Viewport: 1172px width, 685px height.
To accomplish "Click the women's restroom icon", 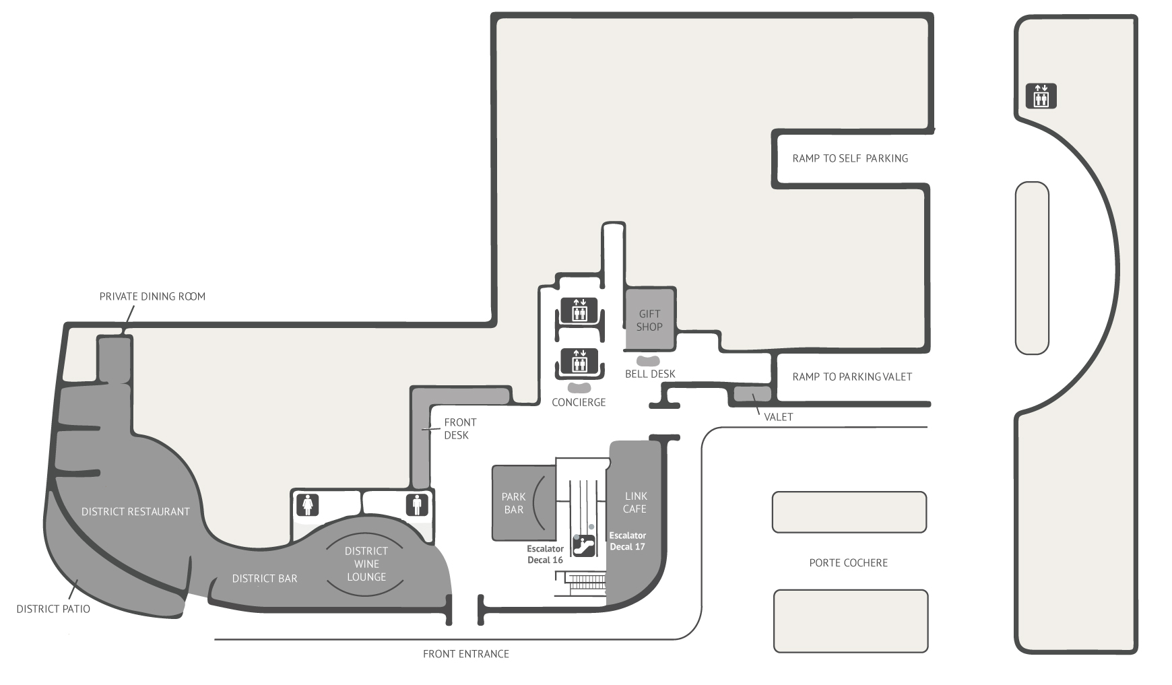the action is (308, 505).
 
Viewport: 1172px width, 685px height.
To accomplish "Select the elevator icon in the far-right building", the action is (1041, 96).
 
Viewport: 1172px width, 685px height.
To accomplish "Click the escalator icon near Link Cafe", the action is (583, 544).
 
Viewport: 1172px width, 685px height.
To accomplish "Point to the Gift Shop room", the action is (650, 320).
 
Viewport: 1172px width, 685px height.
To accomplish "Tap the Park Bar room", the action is (523, 502).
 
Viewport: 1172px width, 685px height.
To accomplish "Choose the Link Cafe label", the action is (634, 502).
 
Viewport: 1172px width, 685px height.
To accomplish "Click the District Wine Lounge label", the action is (366, 564).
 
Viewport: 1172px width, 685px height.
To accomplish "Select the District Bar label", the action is (265, 579).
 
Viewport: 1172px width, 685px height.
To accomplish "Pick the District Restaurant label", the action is (135, 512).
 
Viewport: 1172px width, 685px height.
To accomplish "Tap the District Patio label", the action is (53, 609).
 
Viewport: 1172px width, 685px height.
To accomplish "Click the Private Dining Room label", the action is (152, 296).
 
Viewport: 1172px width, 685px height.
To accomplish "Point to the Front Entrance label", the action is (466, 653).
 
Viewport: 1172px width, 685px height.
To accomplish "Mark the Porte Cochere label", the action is (849, 562).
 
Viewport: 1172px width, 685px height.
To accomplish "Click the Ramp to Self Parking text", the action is (850, 158).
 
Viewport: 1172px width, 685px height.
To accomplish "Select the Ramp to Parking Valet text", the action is (852, 377).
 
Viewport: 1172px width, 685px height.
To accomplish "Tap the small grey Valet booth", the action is (752, 395).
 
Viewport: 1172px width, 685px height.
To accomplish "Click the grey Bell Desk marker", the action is (649, 361).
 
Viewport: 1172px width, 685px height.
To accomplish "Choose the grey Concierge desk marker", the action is (579, 388).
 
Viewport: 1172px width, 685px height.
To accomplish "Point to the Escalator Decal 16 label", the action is (546, 554).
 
